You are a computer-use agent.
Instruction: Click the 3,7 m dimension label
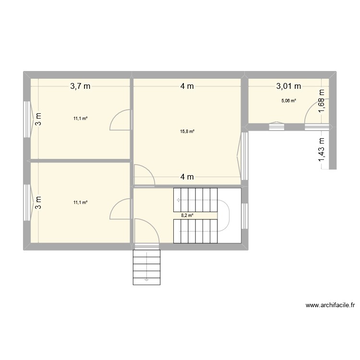click(x=80, y=86)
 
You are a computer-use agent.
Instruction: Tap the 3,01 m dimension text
click(x=288, y=86)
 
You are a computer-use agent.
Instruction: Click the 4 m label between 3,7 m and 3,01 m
click(x=187, y=86)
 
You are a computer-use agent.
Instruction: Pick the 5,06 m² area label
click(x=288, y=101)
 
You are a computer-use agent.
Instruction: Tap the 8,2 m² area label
click(x=187, y=216)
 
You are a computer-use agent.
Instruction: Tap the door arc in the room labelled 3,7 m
click(x=120, y=120)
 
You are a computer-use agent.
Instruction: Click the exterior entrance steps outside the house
click(x=146, y=266)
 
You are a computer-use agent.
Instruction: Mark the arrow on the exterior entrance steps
click(x=146, y=278)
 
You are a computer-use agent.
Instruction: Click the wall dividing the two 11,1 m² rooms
click(x=79, y=161)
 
